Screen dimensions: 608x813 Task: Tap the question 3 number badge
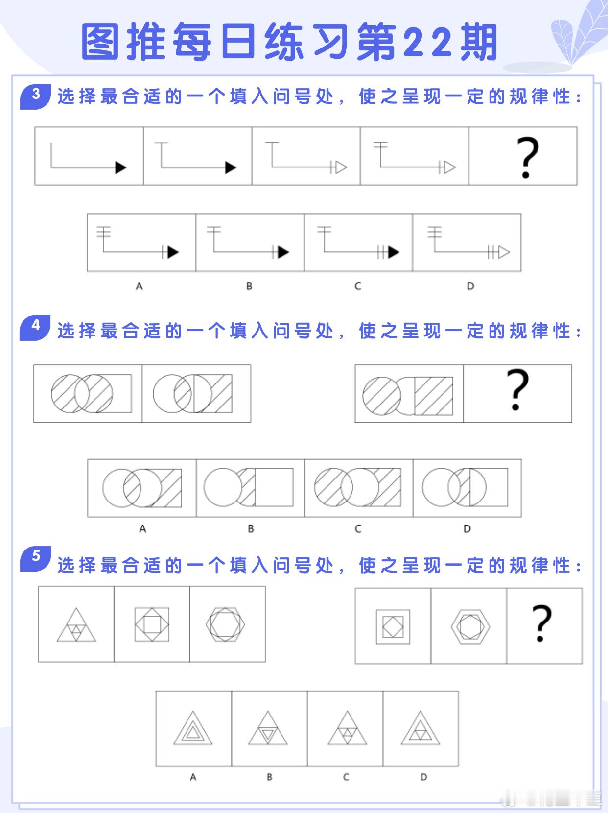[35, 96]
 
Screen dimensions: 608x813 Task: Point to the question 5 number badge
[35, 558]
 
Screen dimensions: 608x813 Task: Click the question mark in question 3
[527, 158]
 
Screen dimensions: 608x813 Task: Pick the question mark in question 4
[517, 390]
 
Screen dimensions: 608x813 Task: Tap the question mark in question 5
[541, 623]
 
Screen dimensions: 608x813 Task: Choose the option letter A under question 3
[139, 286]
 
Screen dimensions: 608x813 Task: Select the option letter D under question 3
[470, 286]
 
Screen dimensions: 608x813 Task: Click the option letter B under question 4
[251, 528]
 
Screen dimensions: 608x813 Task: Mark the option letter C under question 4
[358, 528]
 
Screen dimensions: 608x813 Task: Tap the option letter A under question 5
[193, 777]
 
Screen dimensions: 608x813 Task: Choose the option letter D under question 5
[424, 777]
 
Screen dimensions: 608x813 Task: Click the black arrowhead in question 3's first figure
[120, 167]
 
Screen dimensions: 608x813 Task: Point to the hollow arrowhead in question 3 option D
[504, 253]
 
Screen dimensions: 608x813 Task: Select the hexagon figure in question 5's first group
[225, 624]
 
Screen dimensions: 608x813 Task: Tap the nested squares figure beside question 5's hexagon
[393, 627]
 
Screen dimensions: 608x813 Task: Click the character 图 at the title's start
[100, 42]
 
